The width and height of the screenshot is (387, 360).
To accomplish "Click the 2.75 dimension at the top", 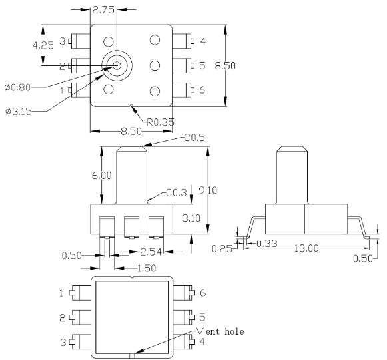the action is pos(103,10).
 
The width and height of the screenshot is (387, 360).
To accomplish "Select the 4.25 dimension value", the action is pos(43,45).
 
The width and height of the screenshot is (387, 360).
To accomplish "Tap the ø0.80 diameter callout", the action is pos(17,87).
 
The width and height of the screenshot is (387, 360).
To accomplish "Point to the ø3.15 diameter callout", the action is pos(19,112).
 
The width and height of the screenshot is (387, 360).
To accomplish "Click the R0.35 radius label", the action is pos(161,122).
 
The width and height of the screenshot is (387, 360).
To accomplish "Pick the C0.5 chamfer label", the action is pos(194,138).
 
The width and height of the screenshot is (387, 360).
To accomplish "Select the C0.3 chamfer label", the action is pos(177,192).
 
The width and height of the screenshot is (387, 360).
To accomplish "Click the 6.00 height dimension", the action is pos(102,176).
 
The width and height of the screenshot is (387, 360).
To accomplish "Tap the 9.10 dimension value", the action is pos(208,190).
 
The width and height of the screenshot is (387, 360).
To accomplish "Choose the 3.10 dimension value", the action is pos(191,218).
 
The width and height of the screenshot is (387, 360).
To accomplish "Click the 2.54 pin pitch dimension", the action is pos(151,252).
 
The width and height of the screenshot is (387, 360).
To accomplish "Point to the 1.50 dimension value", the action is pos(146,268).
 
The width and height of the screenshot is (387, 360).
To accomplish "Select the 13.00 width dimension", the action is pos(306,248).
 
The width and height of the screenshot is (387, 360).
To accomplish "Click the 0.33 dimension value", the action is pos(267,244).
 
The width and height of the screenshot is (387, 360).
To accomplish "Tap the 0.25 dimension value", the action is pos(222,249).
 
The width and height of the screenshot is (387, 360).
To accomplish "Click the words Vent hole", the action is pos(220,331).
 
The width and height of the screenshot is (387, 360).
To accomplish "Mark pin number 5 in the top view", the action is pos(202,66).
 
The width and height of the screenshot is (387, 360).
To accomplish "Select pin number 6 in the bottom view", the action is pos(202,293).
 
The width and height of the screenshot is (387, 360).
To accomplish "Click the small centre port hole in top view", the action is pos(117,65).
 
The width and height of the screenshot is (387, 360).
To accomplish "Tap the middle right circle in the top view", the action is pos(155,65).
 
